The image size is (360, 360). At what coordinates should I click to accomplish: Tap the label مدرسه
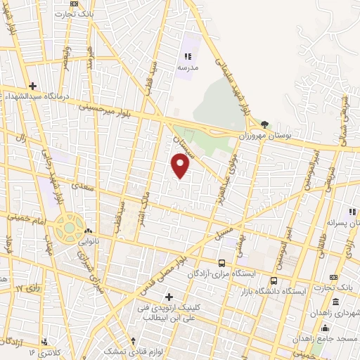[x=187, y=67]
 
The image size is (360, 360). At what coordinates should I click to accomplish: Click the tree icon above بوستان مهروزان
[x=264, y=124]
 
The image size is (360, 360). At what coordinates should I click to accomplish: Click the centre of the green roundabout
[x=69, y=228]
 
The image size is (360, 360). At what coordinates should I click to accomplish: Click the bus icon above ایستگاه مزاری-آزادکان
[x=221, y=263]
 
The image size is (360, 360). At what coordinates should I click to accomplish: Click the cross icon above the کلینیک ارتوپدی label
[x=168, y=296]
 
